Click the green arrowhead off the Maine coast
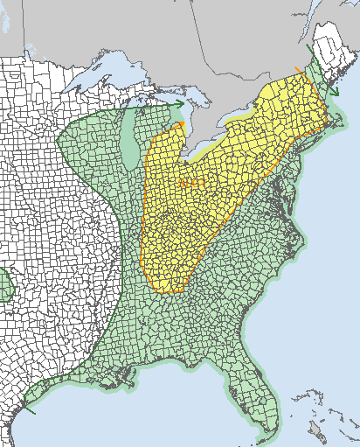(x=335, y=93)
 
